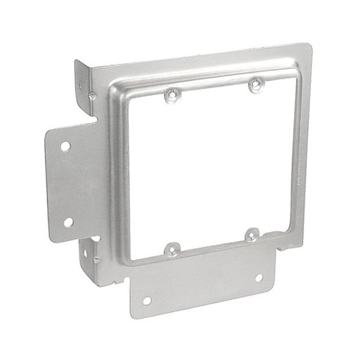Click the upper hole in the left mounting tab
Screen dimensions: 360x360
65,146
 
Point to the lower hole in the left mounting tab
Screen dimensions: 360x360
68,222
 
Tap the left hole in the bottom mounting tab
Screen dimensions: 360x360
146,301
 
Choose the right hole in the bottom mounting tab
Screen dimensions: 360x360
259,278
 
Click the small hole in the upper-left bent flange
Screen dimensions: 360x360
80,86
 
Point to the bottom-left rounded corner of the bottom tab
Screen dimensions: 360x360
134,315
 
